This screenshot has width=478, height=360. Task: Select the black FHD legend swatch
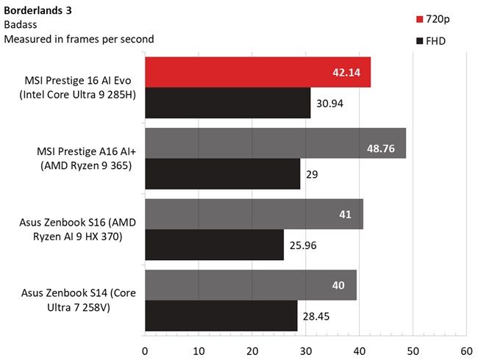[x=419, y=41]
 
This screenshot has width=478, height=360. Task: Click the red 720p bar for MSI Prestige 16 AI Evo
[x=257, y=72]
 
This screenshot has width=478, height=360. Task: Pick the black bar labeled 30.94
[x=227, y=103]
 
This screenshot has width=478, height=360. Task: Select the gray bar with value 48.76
[x=275, y=143]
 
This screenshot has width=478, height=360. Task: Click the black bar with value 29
[x=222, y=174]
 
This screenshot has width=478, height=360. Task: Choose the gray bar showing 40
[x=251, y=285]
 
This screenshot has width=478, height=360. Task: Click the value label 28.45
[x=317, y=316]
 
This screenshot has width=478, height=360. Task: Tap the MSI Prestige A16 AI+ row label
[x=84, y=159]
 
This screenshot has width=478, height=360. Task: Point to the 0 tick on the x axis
[x=145, y=350]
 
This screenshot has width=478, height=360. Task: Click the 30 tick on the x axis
[x=306, y=350]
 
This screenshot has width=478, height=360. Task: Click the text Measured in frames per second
[x=79, y=39]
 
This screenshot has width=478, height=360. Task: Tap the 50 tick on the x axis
[x=413, y=350]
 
